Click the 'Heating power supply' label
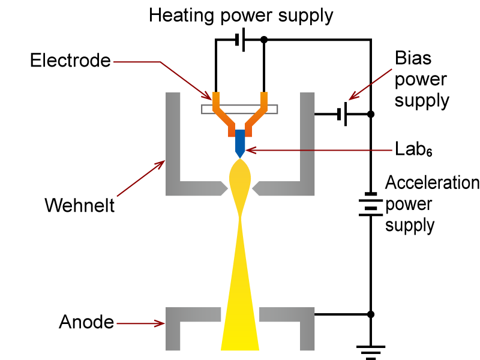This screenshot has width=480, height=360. (x=241, y=15)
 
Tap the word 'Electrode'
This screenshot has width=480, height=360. (x=71, y=61)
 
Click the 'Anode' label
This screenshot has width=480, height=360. (x=86, y=322)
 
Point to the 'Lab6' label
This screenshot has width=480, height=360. (x=414, y=149)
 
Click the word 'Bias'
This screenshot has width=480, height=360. (x=413, y=58)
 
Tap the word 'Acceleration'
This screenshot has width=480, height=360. (x=432, y=182)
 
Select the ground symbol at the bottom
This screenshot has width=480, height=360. (x=371, y=352)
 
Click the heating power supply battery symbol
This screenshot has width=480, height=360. (x=240, y=40)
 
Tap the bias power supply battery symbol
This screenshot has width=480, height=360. (x=342, y=114)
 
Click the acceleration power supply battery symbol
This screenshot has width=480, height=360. (x=371, y=203)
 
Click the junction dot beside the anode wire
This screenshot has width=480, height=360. (x=371, y=314)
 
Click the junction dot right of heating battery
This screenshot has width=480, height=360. (x=264, y=40)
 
